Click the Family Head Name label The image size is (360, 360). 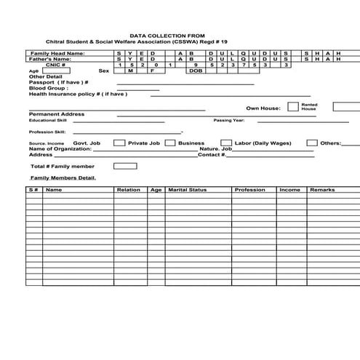57,53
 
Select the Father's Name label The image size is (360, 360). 52,59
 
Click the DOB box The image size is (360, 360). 196,71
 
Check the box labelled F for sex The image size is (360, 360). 152,71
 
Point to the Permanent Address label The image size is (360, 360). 57,114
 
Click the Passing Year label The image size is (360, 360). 228,121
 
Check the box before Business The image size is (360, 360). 169,143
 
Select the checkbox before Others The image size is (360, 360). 311,143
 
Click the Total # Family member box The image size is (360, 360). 125,166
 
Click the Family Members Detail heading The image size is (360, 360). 63,177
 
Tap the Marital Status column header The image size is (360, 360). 188,190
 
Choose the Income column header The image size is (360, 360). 289,190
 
